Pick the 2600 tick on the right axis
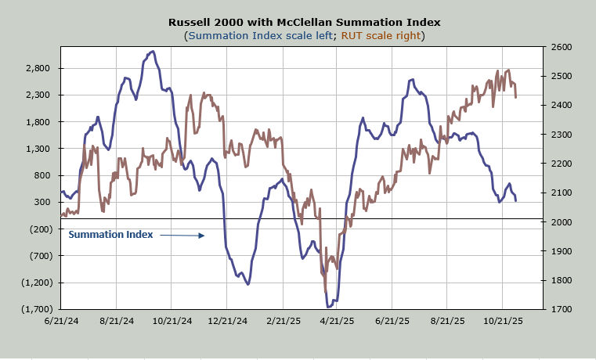pyautogui.click(x=562, y=48)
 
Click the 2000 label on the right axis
pyautogui.click(x=562, y=222)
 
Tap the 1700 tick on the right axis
pyautogui.click(x=562, y=309)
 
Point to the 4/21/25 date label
pyautogui.click(x=336, y=321)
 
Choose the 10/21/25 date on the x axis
pyautogui.click(x=501, y=321)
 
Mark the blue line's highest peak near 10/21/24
pyautogui.click(x=152, y=52)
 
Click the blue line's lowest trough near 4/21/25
pyautogui.click(x=328, y=307)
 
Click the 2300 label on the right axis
pyautogui.click(x=562, y=135)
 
